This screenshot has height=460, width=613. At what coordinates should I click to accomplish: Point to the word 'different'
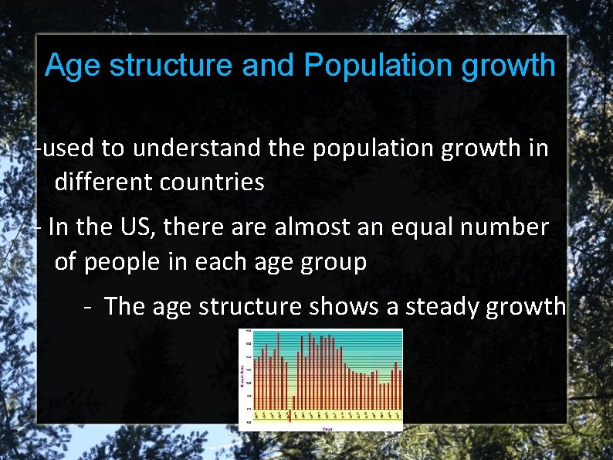point(103,182)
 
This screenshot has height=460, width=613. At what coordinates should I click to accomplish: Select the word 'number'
point(512,227)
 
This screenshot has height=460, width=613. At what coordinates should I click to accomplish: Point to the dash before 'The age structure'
point(89,307)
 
